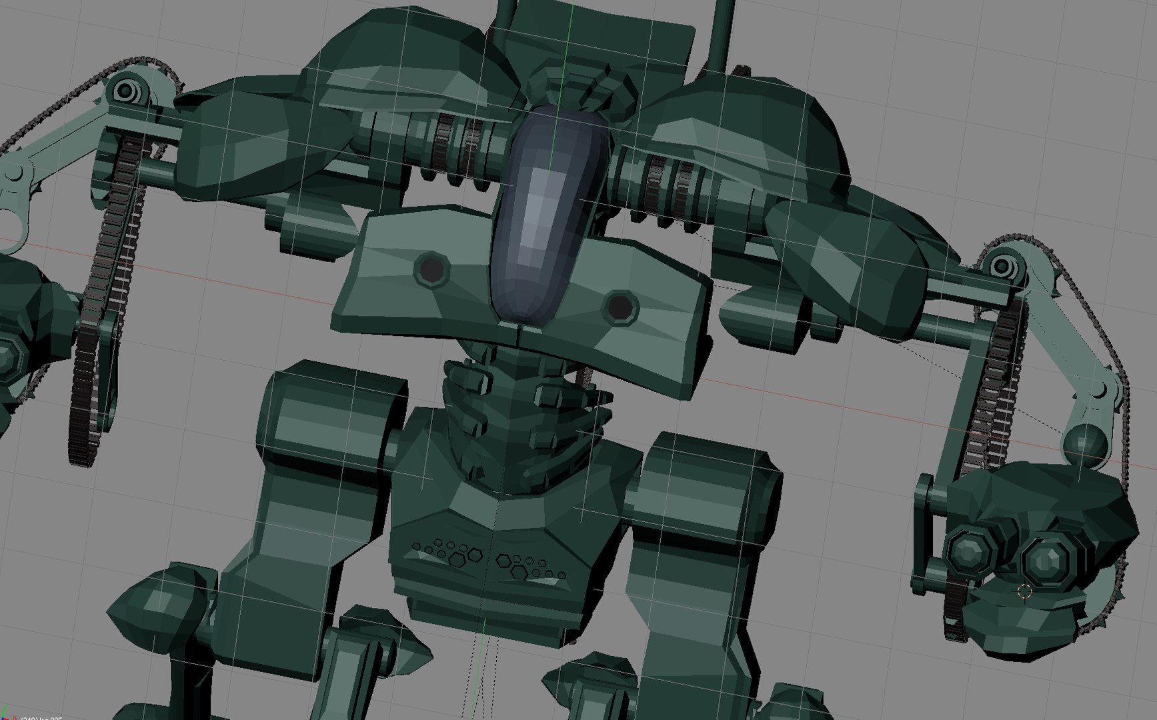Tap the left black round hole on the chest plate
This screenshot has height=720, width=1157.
pyautogui.click(x=432, y=269)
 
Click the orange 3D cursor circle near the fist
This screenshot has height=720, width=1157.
pyautogui.click(x=1025, y=591)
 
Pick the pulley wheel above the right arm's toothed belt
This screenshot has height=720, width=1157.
pyautogui.click(x=1001, y=265)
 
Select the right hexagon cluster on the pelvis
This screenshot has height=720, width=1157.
pyautogui.click(x=530, y=567)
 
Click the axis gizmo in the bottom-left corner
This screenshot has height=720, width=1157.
pyautogui.click(x=8, y=715)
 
